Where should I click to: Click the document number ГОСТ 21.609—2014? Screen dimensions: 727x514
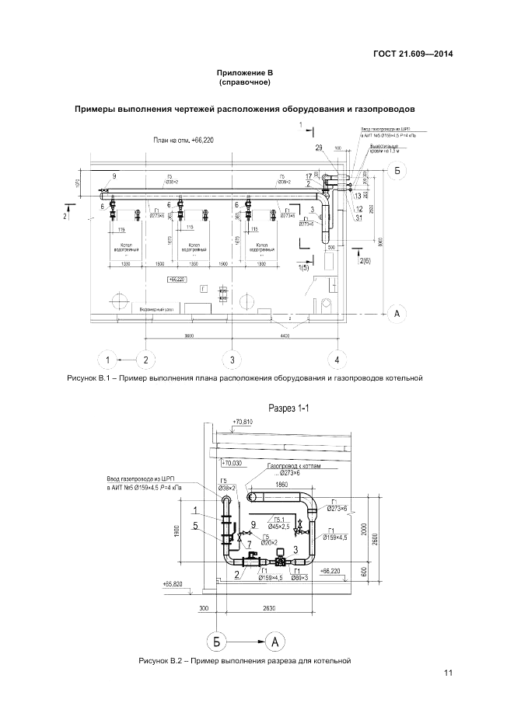[413, 54]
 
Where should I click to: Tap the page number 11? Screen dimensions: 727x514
[448, 673]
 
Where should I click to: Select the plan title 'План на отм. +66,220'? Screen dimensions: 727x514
[184, 139]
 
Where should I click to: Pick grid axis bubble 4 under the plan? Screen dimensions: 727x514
[337, 360]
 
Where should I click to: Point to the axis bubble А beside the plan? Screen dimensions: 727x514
[397, 314]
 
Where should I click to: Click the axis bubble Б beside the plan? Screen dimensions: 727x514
[397, 170]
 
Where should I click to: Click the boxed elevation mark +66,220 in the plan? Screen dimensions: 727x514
[175, 277]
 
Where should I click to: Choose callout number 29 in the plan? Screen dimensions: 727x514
[319, 147]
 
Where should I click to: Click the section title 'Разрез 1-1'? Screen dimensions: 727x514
[288, 408]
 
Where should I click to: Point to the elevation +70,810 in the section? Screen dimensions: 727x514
[243, 422]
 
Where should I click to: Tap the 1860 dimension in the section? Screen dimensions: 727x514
[281, 483]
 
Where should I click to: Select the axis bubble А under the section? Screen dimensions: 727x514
[276, 641]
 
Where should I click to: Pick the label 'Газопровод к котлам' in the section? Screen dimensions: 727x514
[292, 468]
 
